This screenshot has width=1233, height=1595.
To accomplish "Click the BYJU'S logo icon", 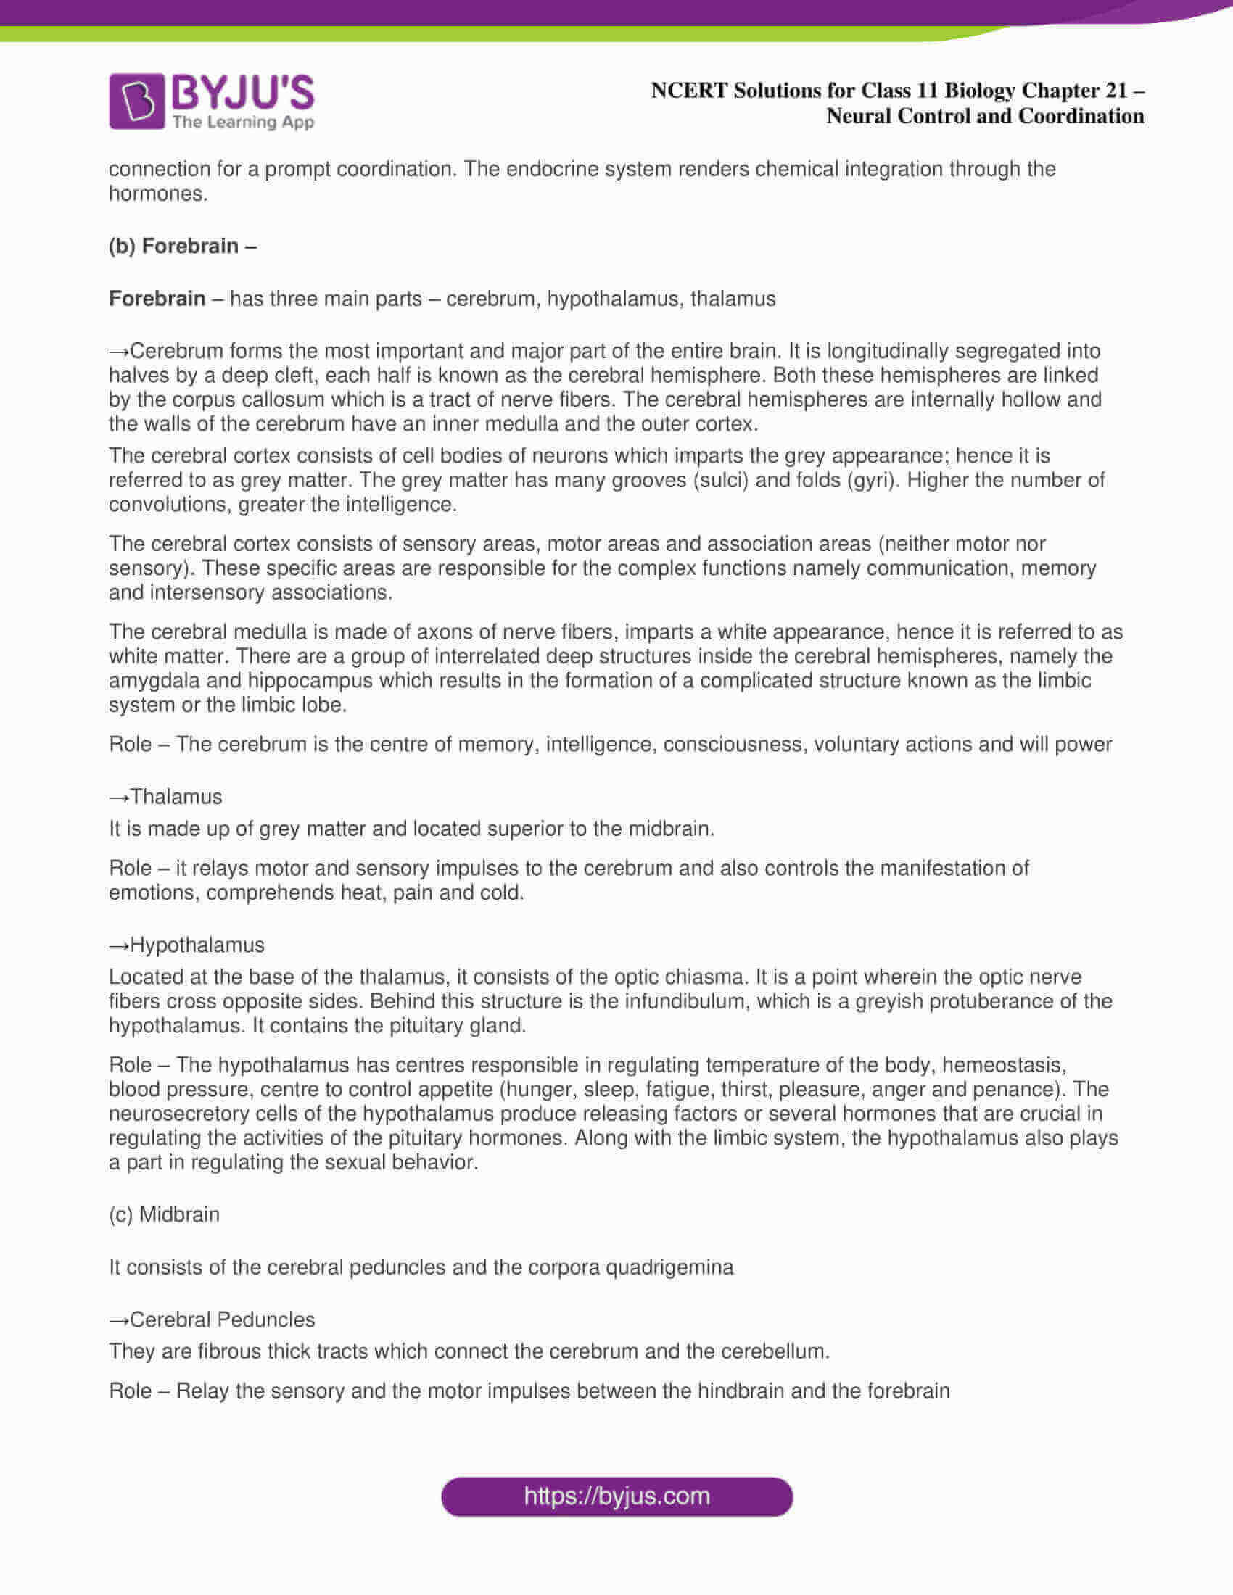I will pyautogui.click(x=136, y=101).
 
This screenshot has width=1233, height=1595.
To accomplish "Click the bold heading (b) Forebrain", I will pyautogui.click(x=183, y=246).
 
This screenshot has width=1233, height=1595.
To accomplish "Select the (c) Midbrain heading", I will pyautogui.click(x=165, y=1214).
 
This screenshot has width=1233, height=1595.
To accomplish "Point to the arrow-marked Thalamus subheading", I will pyautogui.click(x=166, y=796).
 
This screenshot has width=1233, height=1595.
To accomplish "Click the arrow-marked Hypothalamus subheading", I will pyautogui.click(x=187, y=945).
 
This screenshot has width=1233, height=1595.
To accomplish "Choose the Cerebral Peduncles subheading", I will pyautogui.click(x=213, y=1319).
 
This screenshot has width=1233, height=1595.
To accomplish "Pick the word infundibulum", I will pyautogui.click(x=687, y=1000).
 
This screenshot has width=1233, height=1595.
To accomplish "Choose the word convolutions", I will pyautogui.click(x=170, y=505).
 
